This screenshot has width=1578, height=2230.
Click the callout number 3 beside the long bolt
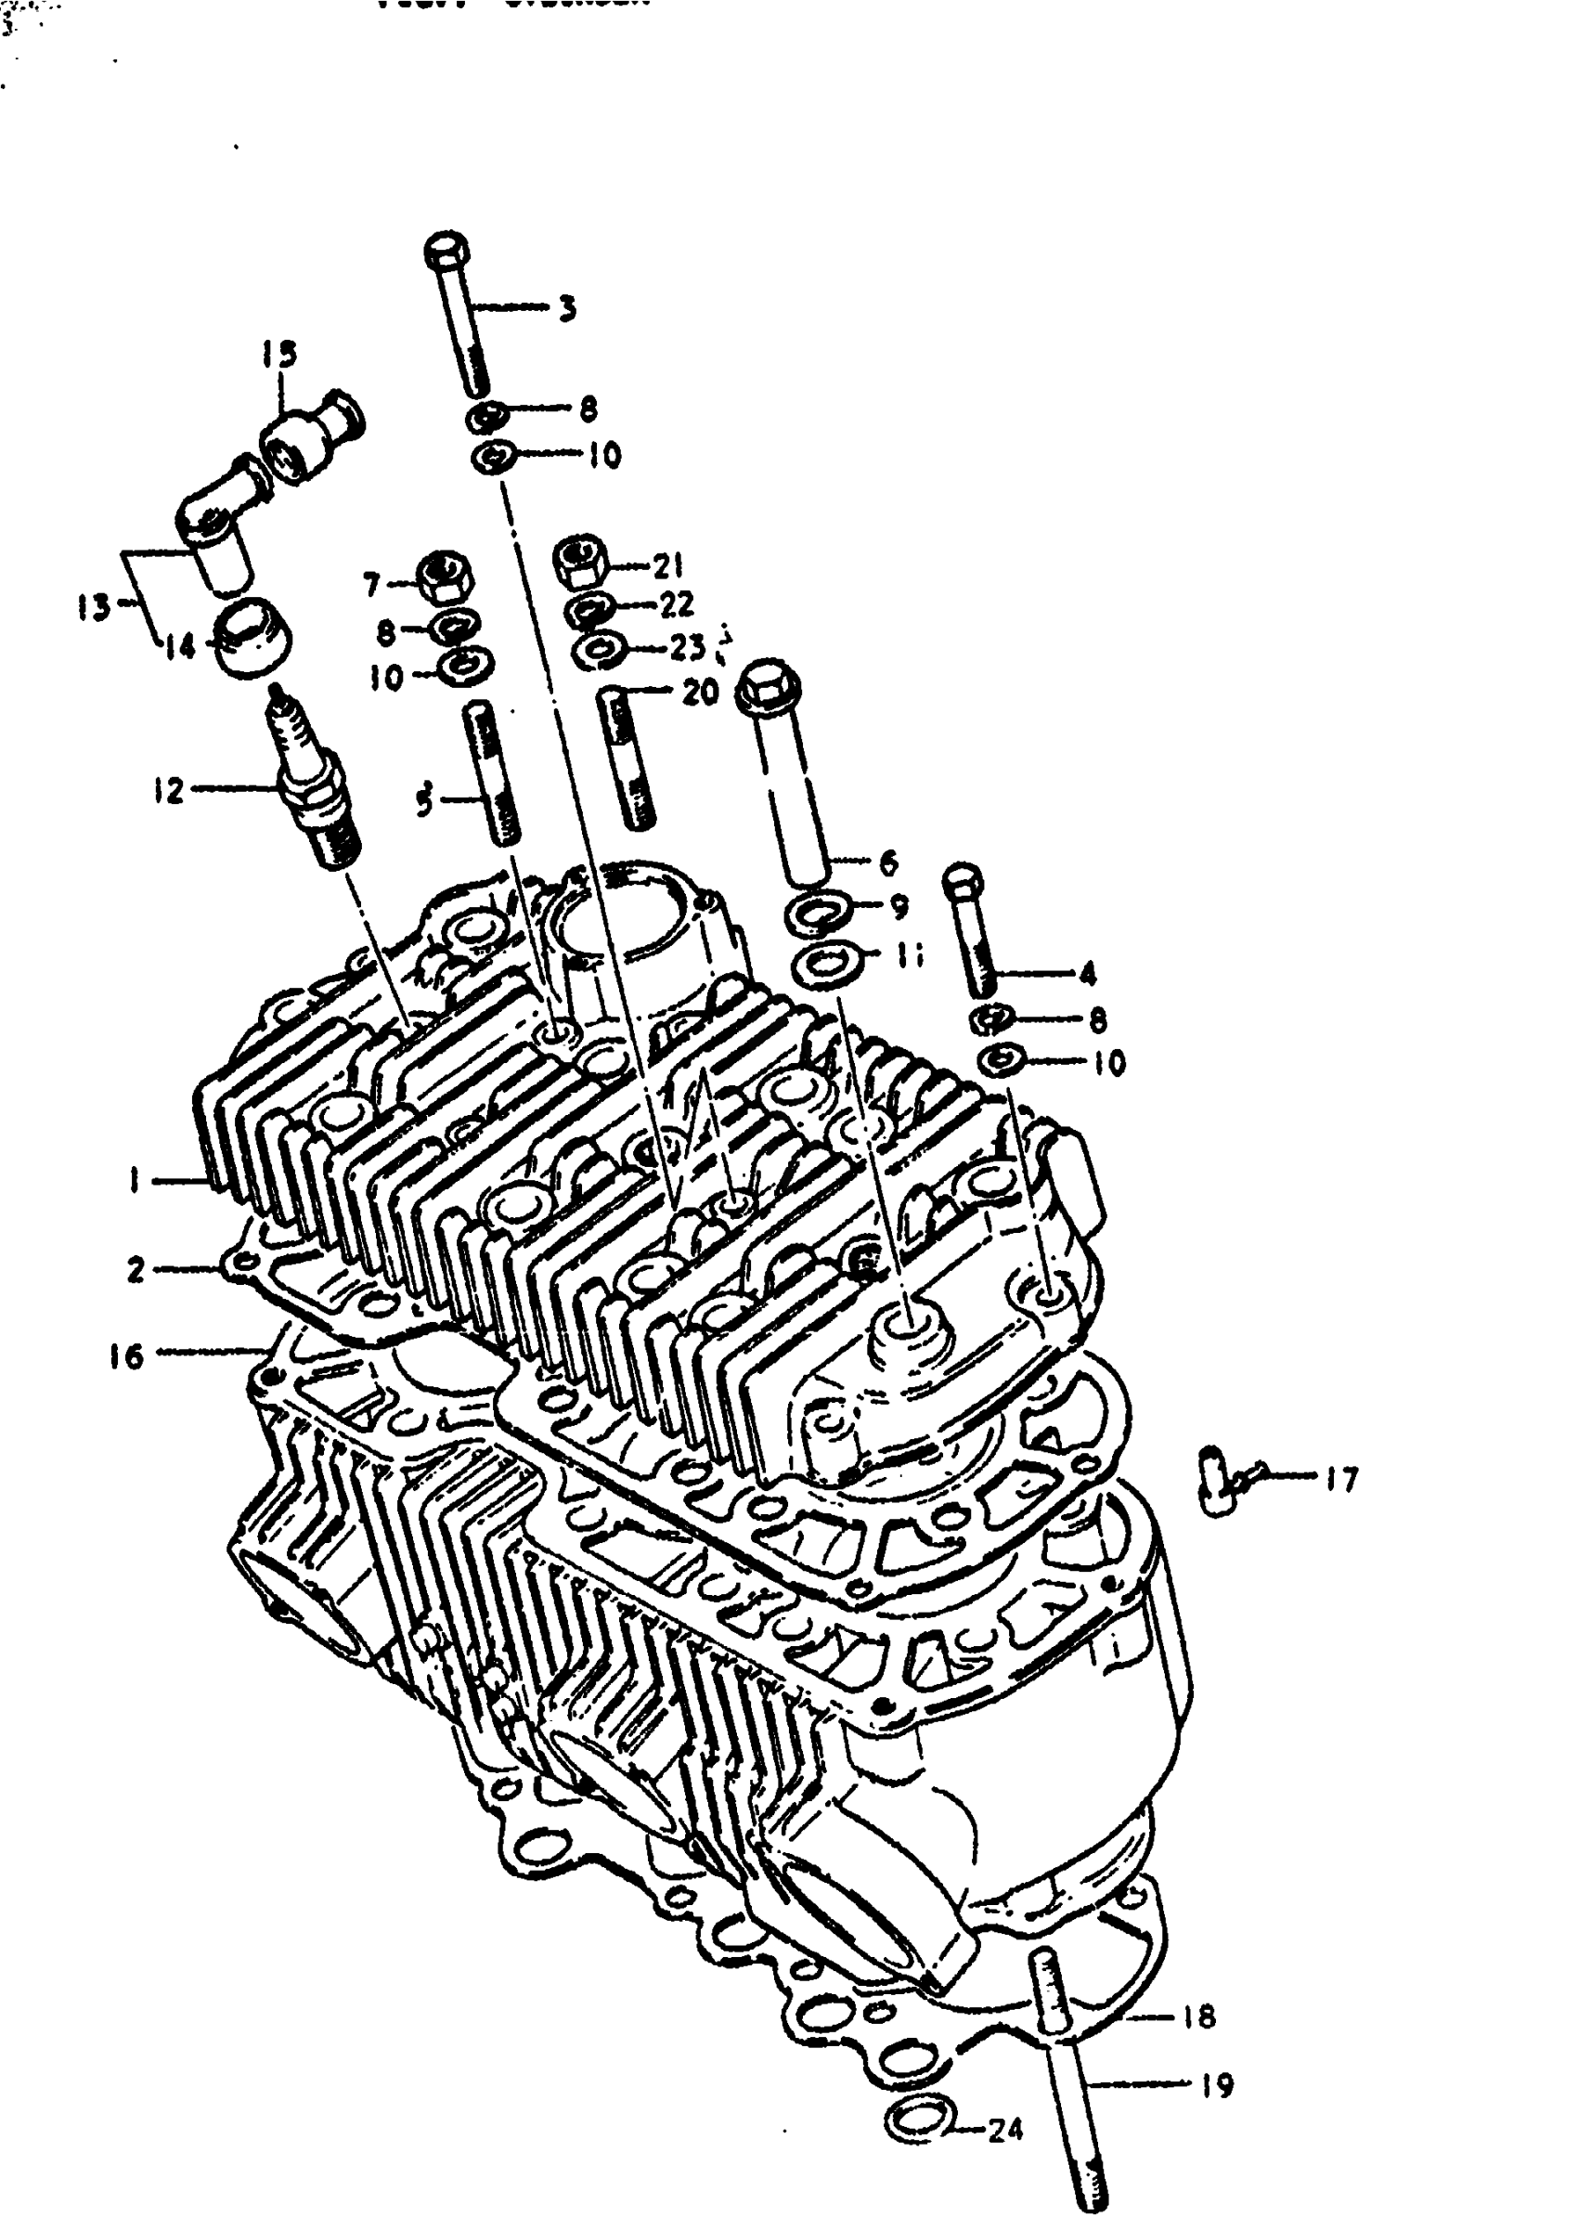coord(567,309)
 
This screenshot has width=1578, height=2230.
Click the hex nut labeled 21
coord(581,561)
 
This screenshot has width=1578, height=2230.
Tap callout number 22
coord(678,604)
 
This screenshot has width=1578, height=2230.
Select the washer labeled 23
coord(599,649)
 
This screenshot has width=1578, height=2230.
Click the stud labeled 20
coord(627,757)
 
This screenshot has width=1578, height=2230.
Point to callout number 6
coord(886,861)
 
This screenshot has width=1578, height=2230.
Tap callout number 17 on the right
coord(1342,1480)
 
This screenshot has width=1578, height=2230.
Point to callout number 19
coord(1217,2085)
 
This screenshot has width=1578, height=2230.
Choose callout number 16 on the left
coord(126,1355)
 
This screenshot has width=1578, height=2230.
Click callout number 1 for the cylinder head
coord(132,1181)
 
